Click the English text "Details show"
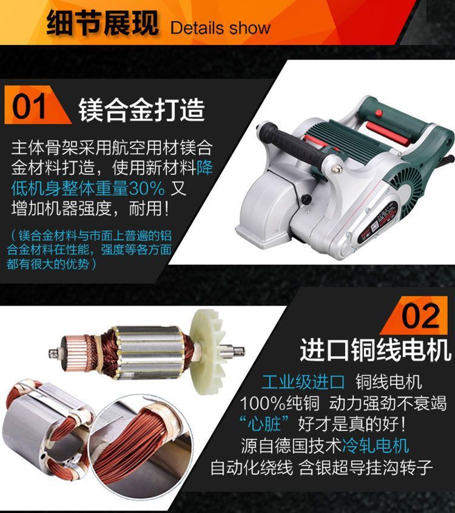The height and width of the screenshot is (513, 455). (220, 28)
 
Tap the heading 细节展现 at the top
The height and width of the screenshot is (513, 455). (103, 23)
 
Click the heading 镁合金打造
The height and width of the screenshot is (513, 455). (141, 110)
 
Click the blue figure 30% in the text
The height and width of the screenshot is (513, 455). (147, 188)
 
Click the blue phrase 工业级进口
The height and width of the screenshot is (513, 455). (303, 382)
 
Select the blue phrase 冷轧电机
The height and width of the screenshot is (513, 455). (376, 445)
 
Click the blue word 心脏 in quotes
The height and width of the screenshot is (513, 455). (264, 424)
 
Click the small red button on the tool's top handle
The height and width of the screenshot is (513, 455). (379, 113)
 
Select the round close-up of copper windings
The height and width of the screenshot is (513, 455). (141, 443)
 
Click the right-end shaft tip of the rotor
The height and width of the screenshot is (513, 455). (241, 352)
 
